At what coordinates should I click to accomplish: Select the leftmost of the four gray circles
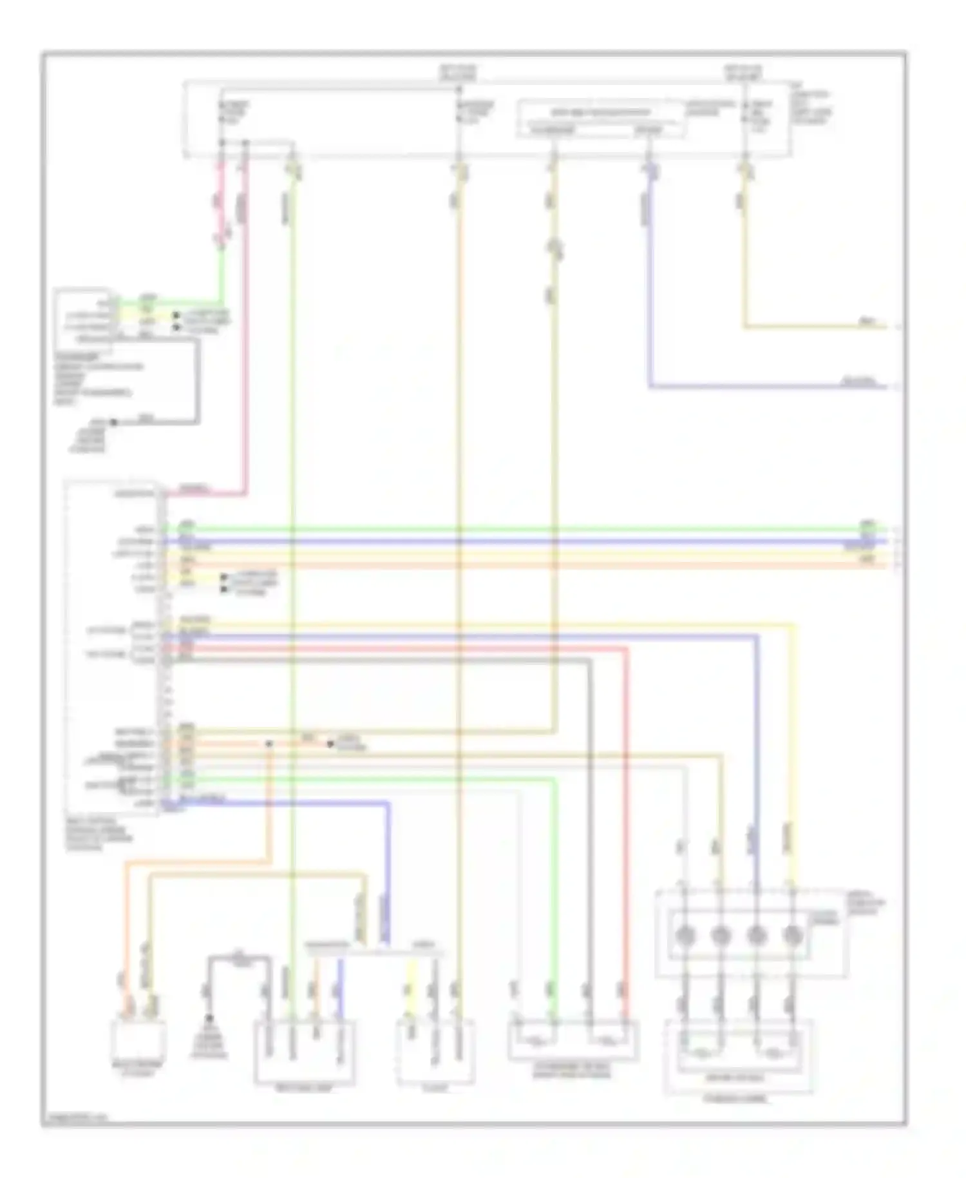coord(684,934)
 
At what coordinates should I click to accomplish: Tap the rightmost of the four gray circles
coord(793,934)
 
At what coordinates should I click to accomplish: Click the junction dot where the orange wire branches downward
coord(269,744)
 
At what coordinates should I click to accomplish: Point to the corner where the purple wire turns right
coord(650,387)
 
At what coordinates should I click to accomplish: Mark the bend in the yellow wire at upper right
coord(745,327)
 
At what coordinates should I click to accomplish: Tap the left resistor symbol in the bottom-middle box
coord(533,1039)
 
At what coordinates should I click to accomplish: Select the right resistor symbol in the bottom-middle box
coord(606,1039)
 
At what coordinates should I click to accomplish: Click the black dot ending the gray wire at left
coord(113,423)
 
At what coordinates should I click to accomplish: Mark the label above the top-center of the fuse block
coord(458,72)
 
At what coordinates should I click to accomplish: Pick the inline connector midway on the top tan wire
coord(553,249)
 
